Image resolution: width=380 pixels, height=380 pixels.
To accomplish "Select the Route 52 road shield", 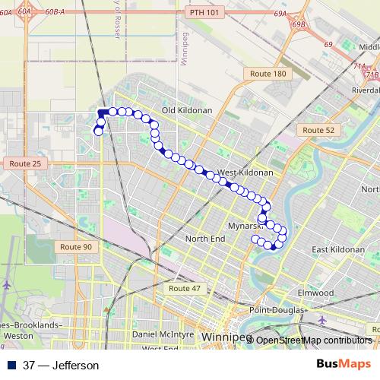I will (318, 131).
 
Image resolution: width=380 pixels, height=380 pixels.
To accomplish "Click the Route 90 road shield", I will (76, 247).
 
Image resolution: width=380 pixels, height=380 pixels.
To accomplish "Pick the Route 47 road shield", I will (185, 289).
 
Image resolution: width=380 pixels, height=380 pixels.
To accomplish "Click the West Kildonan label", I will (245, 173).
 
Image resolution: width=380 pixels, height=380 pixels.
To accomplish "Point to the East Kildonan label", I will (339, 249).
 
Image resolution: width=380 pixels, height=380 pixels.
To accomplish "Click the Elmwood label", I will (315, 293).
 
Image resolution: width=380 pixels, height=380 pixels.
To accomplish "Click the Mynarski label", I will (245, 226).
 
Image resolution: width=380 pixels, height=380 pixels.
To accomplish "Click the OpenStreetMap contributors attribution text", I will (313, 340).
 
